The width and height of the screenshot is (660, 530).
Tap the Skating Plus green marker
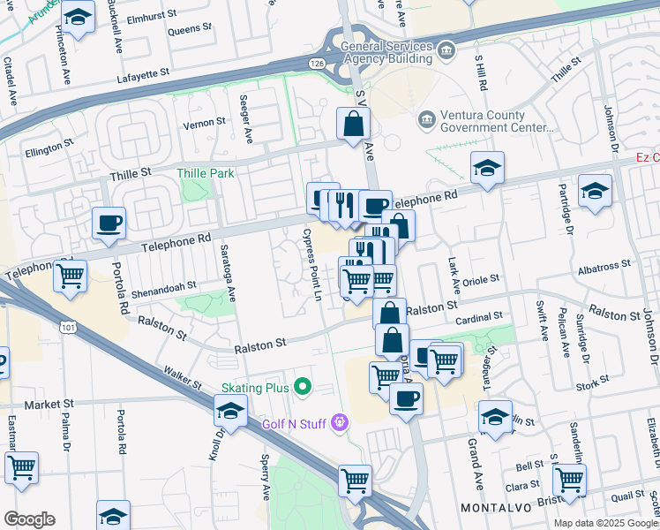coord(303,385)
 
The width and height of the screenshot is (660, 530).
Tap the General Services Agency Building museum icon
coord(446,52)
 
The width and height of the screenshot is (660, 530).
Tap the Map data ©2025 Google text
coord(604,523)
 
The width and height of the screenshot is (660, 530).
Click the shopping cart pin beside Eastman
coord(21,466)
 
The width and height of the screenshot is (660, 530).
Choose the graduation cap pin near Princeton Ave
coord(79,18)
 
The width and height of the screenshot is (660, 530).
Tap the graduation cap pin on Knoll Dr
coord(230,411)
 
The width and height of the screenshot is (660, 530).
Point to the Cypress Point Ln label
coord(311,264)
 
